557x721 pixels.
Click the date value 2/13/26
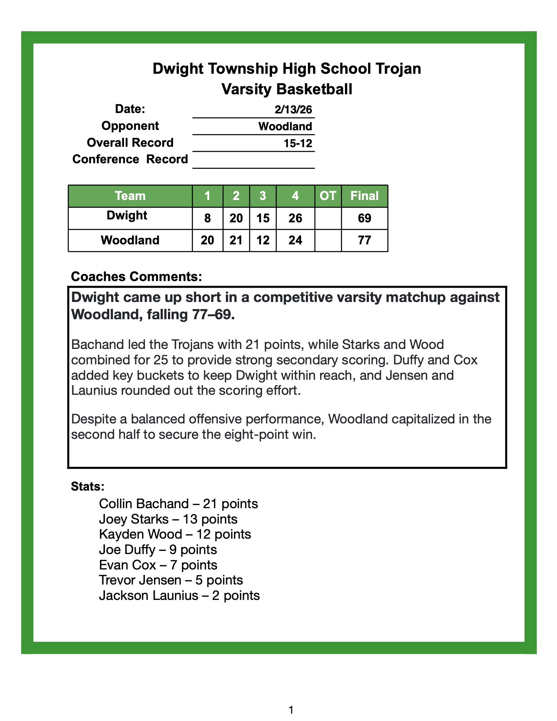pos(293,109)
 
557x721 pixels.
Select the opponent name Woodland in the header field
pos(285,127)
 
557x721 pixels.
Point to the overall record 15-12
pos(298,143)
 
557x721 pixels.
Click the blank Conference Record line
pos(253,161)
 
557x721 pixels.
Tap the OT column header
pos(328,196)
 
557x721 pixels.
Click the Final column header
pos(364,196)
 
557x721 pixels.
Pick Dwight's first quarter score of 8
pos(208,218)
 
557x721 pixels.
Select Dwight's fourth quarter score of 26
pos(295,218)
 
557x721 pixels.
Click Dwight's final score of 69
pos(364,218)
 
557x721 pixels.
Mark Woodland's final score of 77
pos(364,240)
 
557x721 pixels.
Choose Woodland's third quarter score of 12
pos(263,240)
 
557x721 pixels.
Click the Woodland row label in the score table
pos(130,240)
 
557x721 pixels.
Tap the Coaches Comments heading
pos(136,277)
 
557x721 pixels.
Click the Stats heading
pos(88,487)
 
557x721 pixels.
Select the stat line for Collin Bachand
pos(178,504)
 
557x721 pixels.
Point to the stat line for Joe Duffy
pos(158,550)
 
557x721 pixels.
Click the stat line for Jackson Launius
pos(179,595)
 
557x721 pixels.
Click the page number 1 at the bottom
pos(291,710)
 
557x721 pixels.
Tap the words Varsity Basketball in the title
pos(287,89)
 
